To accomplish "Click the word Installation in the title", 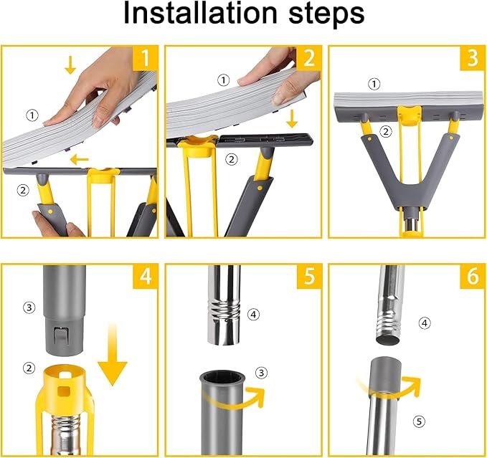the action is click(x=199, y=13).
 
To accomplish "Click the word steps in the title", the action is click(x=326, y=14).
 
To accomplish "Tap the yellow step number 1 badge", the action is click(x=146, y=58).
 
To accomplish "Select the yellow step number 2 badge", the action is click(x=309, y=58).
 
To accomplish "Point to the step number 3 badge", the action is click(x=473, y=58).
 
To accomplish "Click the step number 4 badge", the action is click(x=146, y=276).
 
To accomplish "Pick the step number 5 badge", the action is click(x=309, y=276).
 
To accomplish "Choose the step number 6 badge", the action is click(x=473, y=276).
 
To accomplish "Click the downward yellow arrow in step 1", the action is click(x=70, y=65).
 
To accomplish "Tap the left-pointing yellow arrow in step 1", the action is click(x=80, y=160).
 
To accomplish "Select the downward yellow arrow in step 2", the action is click(x=292, y=120).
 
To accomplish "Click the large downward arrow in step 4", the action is click(x=113, y=354).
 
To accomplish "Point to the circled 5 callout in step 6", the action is click(x=419, y=421).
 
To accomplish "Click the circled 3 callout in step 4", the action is click(x=29, y=307).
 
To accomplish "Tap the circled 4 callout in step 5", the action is click(x=253, y=315).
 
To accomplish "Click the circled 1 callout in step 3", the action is click(x=374, y=84).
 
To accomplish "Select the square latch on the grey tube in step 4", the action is click(x=60, y=336).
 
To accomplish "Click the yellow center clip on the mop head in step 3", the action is click(x=410, y=115).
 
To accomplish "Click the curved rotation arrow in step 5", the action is click(x=233, y=398).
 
